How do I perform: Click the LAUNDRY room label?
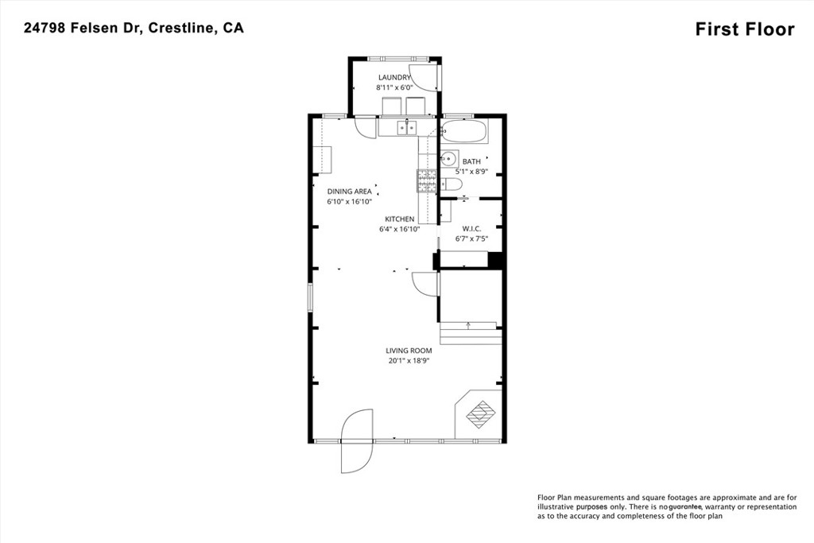coord(394,77)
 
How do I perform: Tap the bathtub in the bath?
coord(464,131)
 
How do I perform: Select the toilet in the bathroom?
coord(452,184)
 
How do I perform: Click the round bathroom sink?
coord(448,158)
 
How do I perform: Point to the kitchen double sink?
coord(405,126)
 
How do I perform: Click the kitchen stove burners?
coord(427,181)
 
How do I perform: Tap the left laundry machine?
coord(391,106)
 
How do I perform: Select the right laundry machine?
coord(416,106)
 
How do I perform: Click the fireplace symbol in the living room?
coord(479,414)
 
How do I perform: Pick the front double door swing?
coord(357,441)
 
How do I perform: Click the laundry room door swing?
coord(424,79)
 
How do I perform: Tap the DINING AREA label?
coord(350,191)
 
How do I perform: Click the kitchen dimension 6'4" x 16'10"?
coord(400,229)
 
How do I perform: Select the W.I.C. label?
coord(471,229)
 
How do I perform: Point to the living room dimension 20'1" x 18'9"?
coord(409,360)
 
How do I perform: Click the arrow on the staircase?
coord(468,325)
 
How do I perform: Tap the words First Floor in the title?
coord(745,29)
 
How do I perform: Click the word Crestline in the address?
coord(180,28)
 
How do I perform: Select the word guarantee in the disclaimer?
coord(685,506)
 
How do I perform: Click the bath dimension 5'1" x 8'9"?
coord(471,171)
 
